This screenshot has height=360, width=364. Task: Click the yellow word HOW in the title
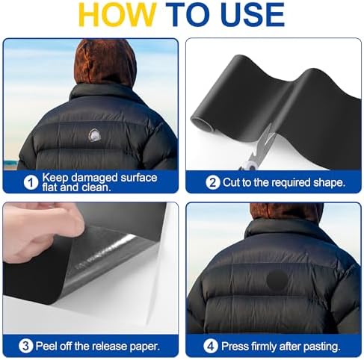(x=117, y=14)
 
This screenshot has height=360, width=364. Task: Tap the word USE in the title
(x=253, y=14)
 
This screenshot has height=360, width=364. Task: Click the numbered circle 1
(x=31, y=182)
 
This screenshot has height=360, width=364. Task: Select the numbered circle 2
(x=213, y=182)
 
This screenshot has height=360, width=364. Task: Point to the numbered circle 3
(x=26, y=346)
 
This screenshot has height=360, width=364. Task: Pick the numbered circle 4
(x=211, y=346)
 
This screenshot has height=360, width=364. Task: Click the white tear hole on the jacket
(x=95, y=135)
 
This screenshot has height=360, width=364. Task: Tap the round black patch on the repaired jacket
(x=277, y=280)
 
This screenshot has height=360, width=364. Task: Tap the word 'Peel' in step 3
(x=47, y=346)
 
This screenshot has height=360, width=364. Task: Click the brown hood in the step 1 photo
(x=105, y=62)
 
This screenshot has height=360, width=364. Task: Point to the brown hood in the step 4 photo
(x=286, y=211)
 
